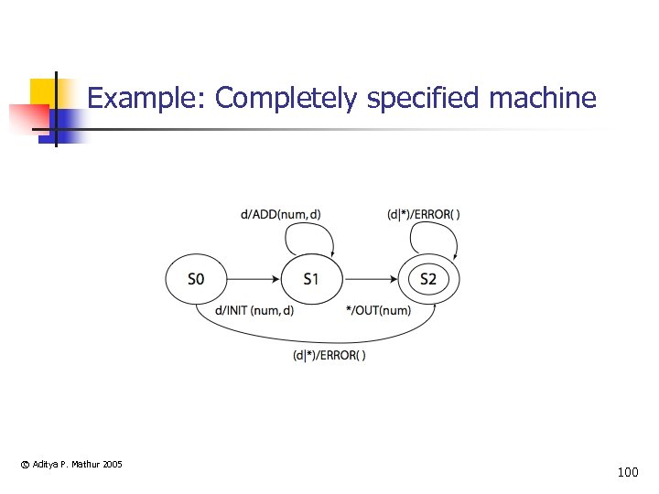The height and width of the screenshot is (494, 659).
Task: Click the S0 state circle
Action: click(x=196, y=278)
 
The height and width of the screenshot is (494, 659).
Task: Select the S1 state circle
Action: click(x=311, y=278)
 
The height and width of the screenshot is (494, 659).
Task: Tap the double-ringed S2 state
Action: click(x=428, y=278)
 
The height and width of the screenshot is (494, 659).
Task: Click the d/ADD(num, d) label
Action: click(x=280, y=215)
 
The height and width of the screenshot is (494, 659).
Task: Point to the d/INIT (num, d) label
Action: click(x=254, y=310)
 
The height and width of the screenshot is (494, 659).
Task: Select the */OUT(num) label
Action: click(x=379, y=310)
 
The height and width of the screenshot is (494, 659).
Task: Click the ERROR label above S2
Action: click(x=424, y=215)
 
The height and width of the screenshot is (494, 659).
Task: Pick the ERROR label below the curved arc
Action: click(x=329, y=355)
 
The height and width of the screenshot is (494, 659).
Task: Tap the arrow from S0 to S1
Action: click(x=254, y=278)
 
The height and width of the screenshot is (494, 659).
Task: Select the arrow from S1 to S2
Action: click(x=370, y=278)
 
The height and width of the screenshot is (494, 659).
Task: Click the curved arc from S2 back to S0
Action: click(x=311, y=338)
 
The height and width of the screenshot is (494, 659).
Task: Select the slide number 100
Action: click(x=628, y=473)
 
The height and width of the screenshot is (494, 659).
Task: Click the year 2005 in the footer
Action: click(x=113, y=465)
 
